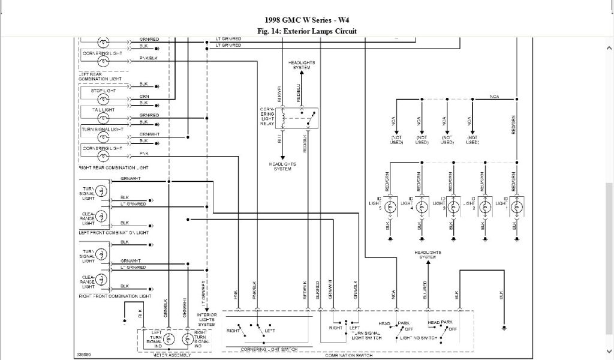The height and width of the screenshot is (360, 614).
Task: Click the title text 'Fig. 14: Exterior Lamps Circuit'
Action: pyautogui.click(x=306, y=31)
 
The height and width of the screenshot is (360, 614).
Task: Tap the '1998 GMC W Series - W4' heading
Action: pyautogui.click(x=306, y=19)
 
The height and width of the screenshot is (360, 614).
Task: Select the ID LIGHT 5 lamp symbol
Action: pyautogui.click(x=390, y=207)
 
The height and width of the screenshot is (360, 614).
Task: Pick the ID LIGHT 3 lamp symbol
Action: pyautogui.click(x=453, y=207)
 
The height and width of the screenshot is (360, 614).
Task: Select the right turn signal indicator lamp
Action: pyautogui.click(x=186, y=340)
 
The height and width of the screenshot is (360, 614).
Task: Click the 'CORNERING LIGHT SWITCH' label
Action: pyautogui.click(x=261, y=349)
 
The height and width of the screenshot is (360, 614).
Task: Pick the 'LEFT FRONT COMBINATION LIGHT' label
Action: pyautogui.click(x=113, y=232)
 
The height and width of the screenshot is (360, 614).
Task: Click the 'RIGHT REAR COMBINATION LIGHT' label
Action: pyautogui.click(x=113, y=167)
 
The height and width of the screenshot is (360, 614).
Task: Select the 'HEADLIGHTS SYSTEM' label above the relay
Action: pyautogui.click(x=302, y=65)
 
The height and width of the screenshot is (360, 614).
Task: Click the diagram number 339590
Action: pyautogui.click(x=84, y=354)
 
